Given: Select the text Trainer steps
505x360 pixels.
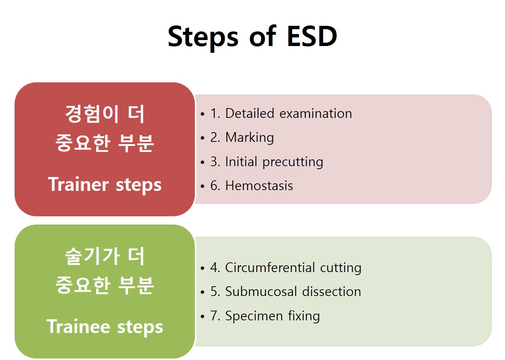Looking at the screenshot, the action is tap(105, 185).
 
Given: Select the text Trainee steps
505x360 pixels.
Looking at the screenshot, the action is tap(105, 327).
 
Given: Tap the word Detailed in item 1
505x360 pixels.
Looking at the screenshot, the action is tap(250, 113).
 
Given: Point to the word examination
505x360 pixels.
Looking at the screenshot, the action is tap(316, 113).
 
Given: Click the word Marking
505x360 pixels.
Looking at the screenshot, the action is tap(250, 138).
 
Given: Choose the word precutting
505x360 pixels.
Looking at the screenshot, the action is tap(293, 162).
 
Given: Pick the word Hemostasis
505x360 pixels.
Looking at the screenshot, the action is tap(259, 186).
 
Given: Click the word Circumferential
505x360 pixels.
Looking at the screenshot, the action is tap(270, 268).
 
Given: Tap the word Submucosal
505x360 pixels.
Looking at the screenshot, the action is tap(261, 292).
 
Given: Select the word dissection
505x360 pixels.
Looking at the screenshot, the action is tap(331, 292).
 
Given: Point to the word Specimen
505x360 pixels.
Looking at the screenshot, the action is tap(254, 316).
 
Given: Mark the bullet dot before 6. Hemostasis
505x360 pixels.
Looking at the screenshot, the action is tap(202, 186).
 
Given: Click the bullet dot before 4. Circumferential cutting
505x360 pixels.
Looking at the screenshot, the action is tap(202, 268).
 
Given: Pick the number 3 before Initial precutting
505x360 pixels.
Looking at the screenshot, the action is tap(214, 162).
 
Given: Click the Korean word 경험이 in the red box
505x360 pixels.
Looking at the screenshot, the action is tap(92, 114).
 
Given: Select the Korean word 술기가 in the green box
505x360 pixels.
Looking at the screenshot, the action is tap(92, 256).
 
